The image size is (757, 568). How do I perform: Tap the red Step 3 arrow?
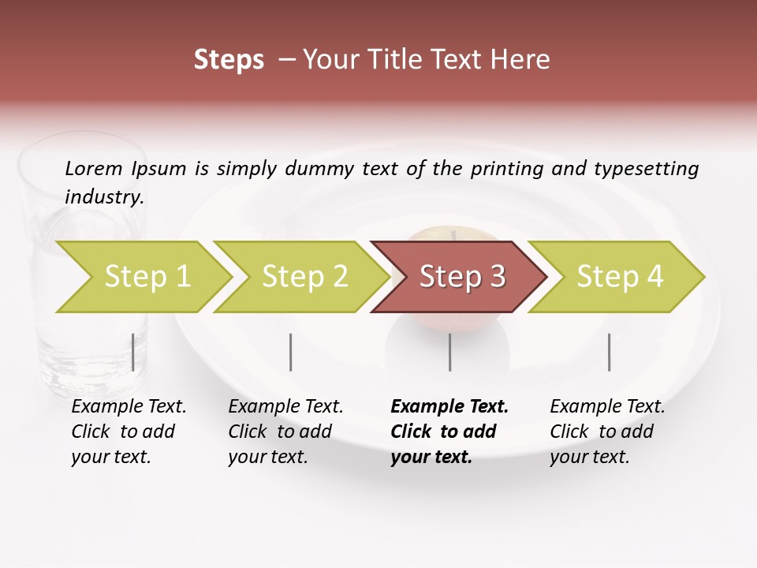click(x=462, y=277)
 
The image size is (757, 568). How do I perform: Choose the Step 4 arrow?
click(x=620, y=277)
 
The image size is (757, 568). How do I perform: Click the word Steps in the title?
click(x=229, y=60)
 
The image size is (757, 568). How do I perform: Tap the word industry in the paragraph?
click(x=104, y=197)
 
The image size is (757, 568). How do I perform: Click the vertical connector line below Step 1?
click(x=133, y=352)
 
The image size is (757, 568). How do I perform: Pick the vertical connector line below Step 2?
click(x=291, y=352)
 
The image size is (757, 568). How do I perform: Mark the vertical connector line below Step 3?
click(x=450, y=352)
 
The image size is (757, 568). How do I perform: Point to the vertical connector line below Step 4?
click(x=610, y=352)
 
